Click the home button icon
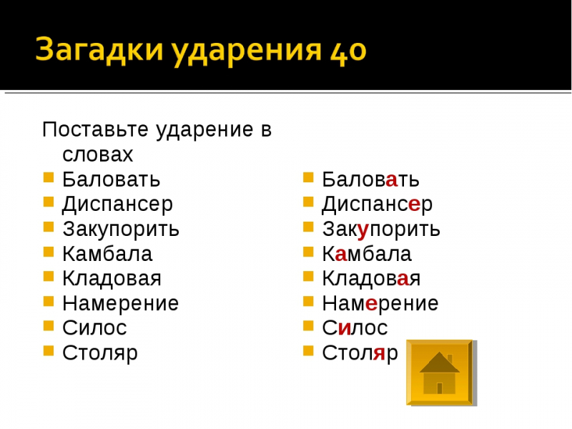(440, 372)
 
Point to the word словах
(98, 154)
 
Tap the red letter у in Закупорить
(363, 231)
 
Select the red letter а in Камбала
(340, 255)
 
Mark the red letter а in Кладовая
(403, 280)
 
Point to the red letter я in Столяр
(380, 353)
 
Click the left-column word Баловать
(112, 179)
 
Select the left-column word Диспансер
(117, 205)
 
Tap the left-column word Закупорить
(121, 230)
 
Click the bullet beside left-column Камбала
(49, 252)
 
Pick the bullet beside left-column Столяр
(49, 350)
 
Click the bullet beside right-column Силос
(308, 325)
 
